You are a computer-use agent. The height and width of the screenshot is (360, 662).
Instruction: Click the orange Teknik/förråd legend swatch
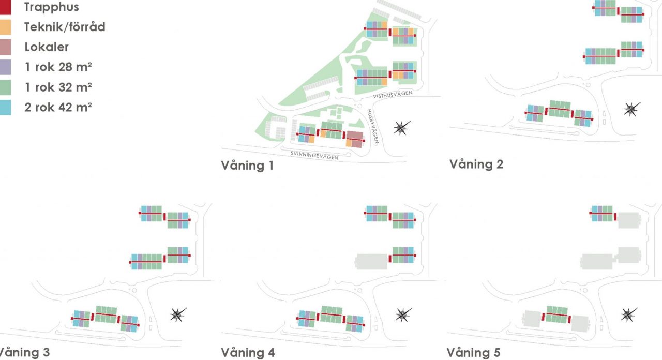5,27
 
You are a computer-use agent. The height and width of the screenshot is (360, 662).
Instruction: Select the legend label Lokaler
47,47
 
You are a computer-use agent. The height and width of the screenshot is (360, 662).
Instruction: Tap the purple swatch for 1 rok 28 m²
5,67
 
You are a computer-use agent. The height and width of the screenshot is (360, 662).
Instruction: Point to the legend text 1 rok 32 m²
58,87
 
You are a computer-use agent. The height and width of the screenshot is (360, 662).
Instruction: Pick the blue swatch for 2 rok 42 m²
5,107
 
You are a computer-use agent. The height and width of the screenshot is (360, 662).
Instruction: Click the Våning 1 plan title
247,166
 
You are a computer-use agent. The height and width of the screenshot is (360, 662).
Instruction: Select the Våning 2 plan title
476,164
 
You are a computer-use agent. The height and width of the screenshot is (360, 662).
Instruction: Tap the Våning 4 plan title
248,353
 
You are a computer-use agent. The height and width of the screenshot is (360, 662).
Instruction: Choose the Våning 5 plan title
473,353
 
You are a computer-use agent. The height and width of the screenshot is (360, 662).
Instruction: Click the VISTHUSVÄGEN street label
393,95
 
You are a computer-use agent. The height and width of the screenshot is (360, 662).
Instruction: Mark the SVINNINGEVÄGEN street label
314,156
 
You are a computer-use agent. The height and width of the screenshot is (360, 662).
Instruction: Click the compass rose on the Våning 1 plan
402,128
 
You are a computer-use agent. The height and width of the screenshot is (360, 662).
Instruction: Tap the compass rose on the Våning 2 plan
631,109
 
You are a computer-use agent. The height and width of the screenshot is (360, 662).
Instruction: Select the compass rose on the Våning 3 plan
178,315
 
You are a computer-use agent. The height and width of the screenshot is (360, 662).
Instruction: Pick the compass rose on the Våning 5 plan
628,315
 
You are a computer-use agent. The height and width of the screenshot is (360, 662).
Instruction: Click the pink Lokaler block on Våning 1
355,139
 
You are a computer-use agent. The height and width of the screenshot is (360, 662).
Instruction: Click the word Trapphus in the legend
51,7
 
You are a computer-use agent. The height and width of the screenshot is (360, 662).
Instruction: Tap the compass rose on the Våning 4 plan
403,315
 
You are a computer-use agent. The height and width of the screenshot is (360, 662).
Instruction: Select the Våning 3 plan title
24,353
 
